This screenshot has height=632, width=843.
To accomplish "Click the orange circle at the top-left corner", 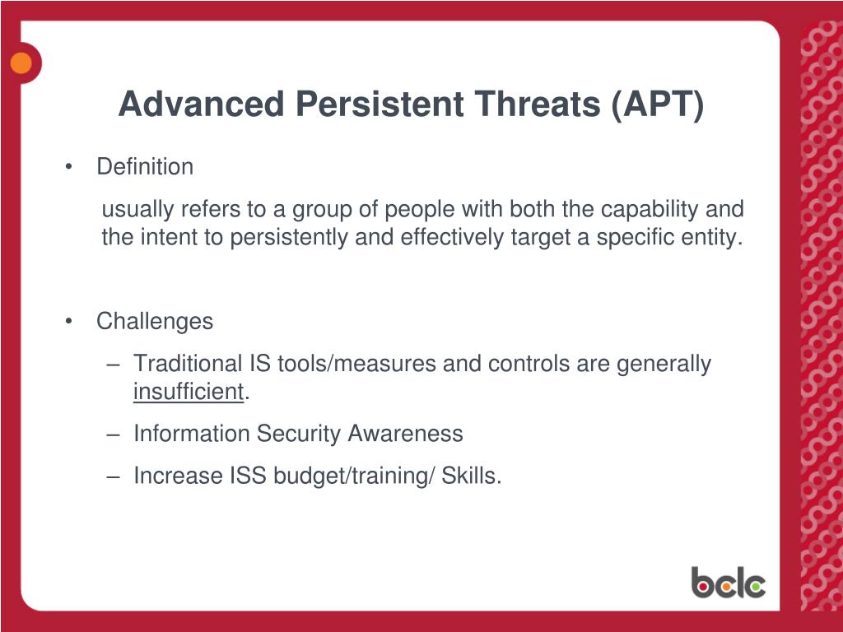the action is [21, 63].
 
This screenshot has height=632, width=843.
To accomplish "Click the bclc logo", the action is [729, 583].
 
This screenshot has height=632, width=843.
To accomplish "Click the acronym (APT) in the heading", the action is [658, 105].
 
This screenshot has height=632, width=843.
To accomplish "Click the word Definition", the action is [145, 166].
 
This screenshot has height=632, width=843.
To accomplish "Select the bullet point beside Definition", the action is [68, 167].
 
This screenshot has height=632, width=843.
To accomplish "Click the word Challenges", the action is [155, 322].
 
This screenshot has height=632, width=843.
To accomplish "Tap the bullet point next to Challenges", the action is [68, 322].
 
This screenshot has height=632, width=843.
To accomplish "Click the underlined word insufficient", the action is [189, 391].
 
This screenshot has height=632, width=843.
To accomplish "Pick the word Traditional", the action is [188, 363].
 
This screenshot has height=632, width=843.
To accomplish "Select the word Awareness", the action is [405, 433].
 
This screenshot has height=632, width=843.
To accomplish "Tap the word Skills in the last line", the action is [472, 476].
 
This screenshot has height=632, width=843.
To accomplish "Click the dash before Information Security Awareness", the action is [113, 434].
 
